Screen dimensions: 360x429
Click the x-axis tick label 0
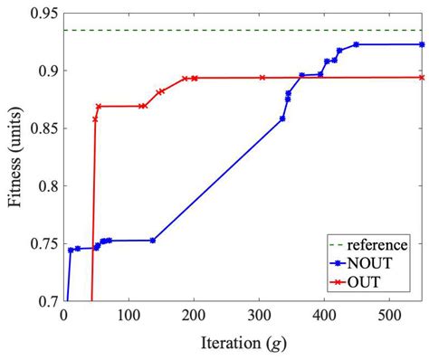[x=62, y=317]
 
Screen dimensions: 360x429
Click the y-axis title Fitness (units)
[x=15, y=157]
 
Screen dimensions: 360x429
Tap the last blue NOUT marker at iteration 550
[x=422, y=44]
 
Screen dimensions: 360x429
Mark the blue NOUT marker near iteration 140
[x=153, y=241]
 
